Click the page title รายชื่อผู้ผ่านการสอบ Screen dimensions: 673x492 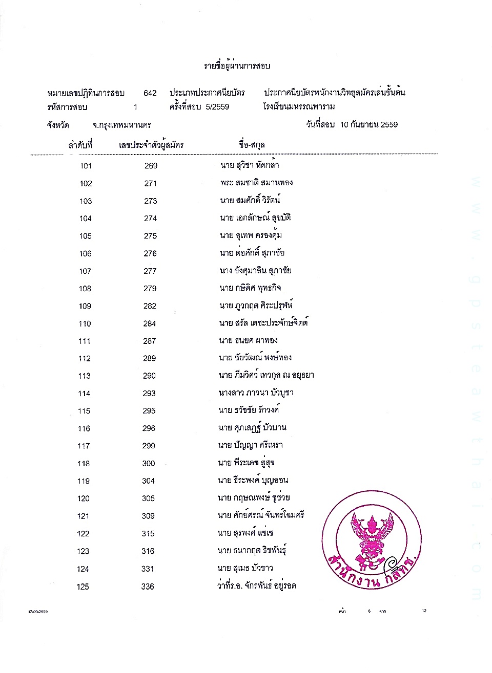[237, 66]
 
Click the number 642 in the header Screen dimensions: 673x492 [150, 93]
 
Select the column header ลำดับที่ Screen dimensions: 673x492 [80, 145]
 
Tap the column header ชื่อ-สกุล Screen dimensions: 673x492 [252, 145]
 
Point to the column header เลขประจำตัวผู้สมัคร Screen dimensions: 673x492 [151, 145]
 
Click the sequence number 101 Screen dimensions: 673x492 [86, 166]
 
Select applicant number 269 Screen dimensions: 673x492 [151, 166]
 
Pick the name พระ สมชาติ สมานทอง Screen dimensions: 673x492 [256, 183]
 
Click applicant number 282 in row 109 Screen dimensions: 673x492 [150, 306]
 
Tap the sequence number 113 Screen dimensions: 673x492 [85, 376]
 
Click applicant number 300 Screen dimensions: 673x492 [149, 464]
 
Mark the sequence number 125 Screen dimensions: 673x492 [83, 587]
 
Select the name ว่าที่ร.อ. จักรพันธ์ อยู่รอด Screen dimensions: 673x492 [256, 585]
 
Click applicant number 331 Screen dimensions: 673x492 [148, 569]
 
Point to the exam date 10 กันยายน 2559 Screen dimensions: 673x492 [369, 124]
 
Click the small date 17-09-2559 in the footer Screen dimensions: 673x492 [38, 612]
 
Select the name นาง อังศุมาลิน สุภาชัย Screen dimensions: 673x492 [255, 271]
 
